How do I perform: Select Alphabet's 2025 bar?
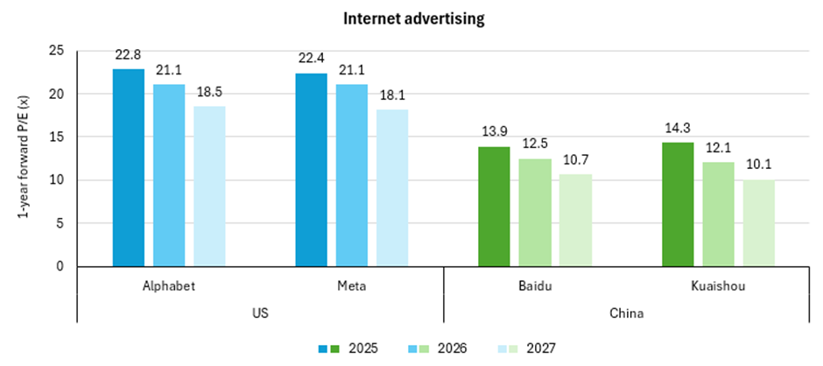pyautogui.click(x=129, y=166)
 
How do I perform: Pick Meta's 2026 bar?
pyautogui.click(x=351, y=175)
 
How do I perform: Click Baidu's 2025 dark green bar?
pyautogui.click(x=494, y=206)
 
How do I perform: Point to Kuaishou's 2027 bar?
pyautogui.click(x=758, y=222)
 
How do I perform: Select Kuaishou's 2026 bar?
pyautogui.click(x=718, y=214)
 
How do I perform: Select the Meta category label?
pyautogui.click(x=352, y=285)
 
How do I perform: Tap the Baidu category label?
pyautogui.click(x=535, y=285)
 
